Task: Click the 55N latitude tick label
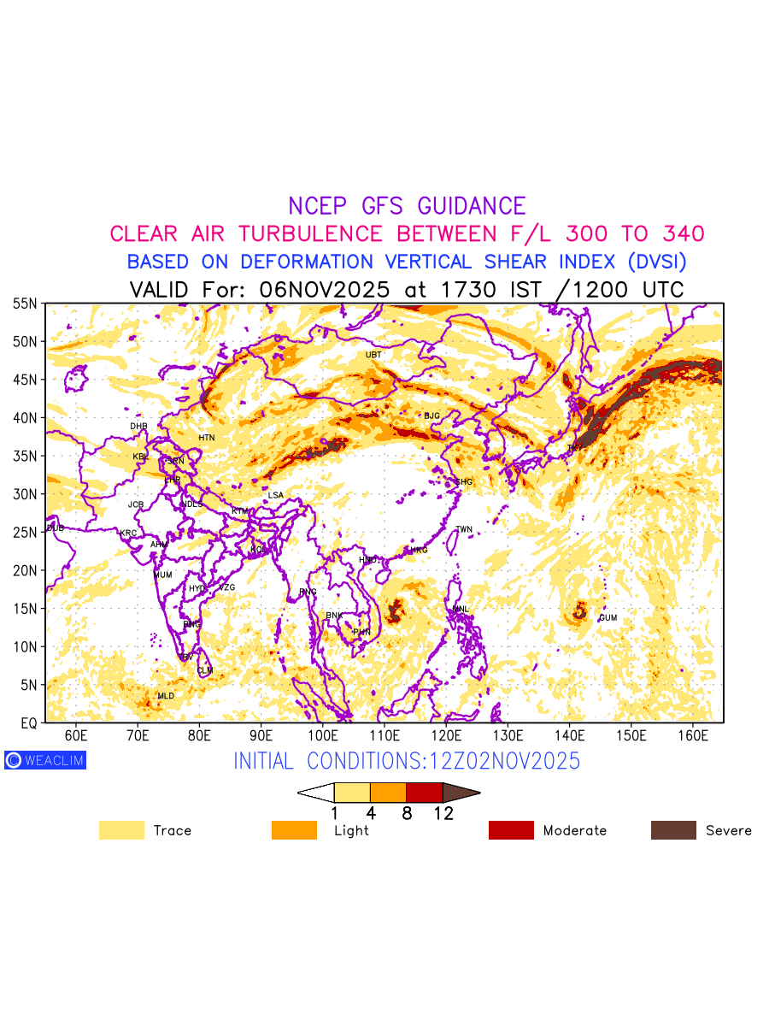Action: (x=24, y=304)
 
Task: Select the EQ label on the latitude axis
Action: (x=28, y=723)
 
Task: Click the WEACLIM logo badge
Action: (x=45, y=760)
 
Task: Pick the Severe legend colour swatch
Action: (x=673, y=830)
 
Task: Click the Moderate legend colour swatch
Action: (x=511, y=830)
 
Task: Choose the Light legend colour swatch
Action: (x=294, y=830)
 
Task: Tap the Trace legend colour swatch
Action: (x=121, y=830)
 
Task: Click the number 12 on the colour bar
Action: (x=443, y=813)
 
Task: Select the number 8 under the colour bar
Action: (x=407, y=813)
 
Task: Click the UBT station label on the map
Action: (x=373, y=355)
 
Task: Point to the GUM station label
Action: (x=608, y=618)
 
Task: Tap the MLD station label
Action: (x=166, y=697)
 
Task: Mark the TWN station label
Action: (x=464, y=530)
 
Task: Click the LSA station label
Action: (x=275, y=496)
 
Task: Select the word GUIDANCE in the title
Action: (x=472, y=206)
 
